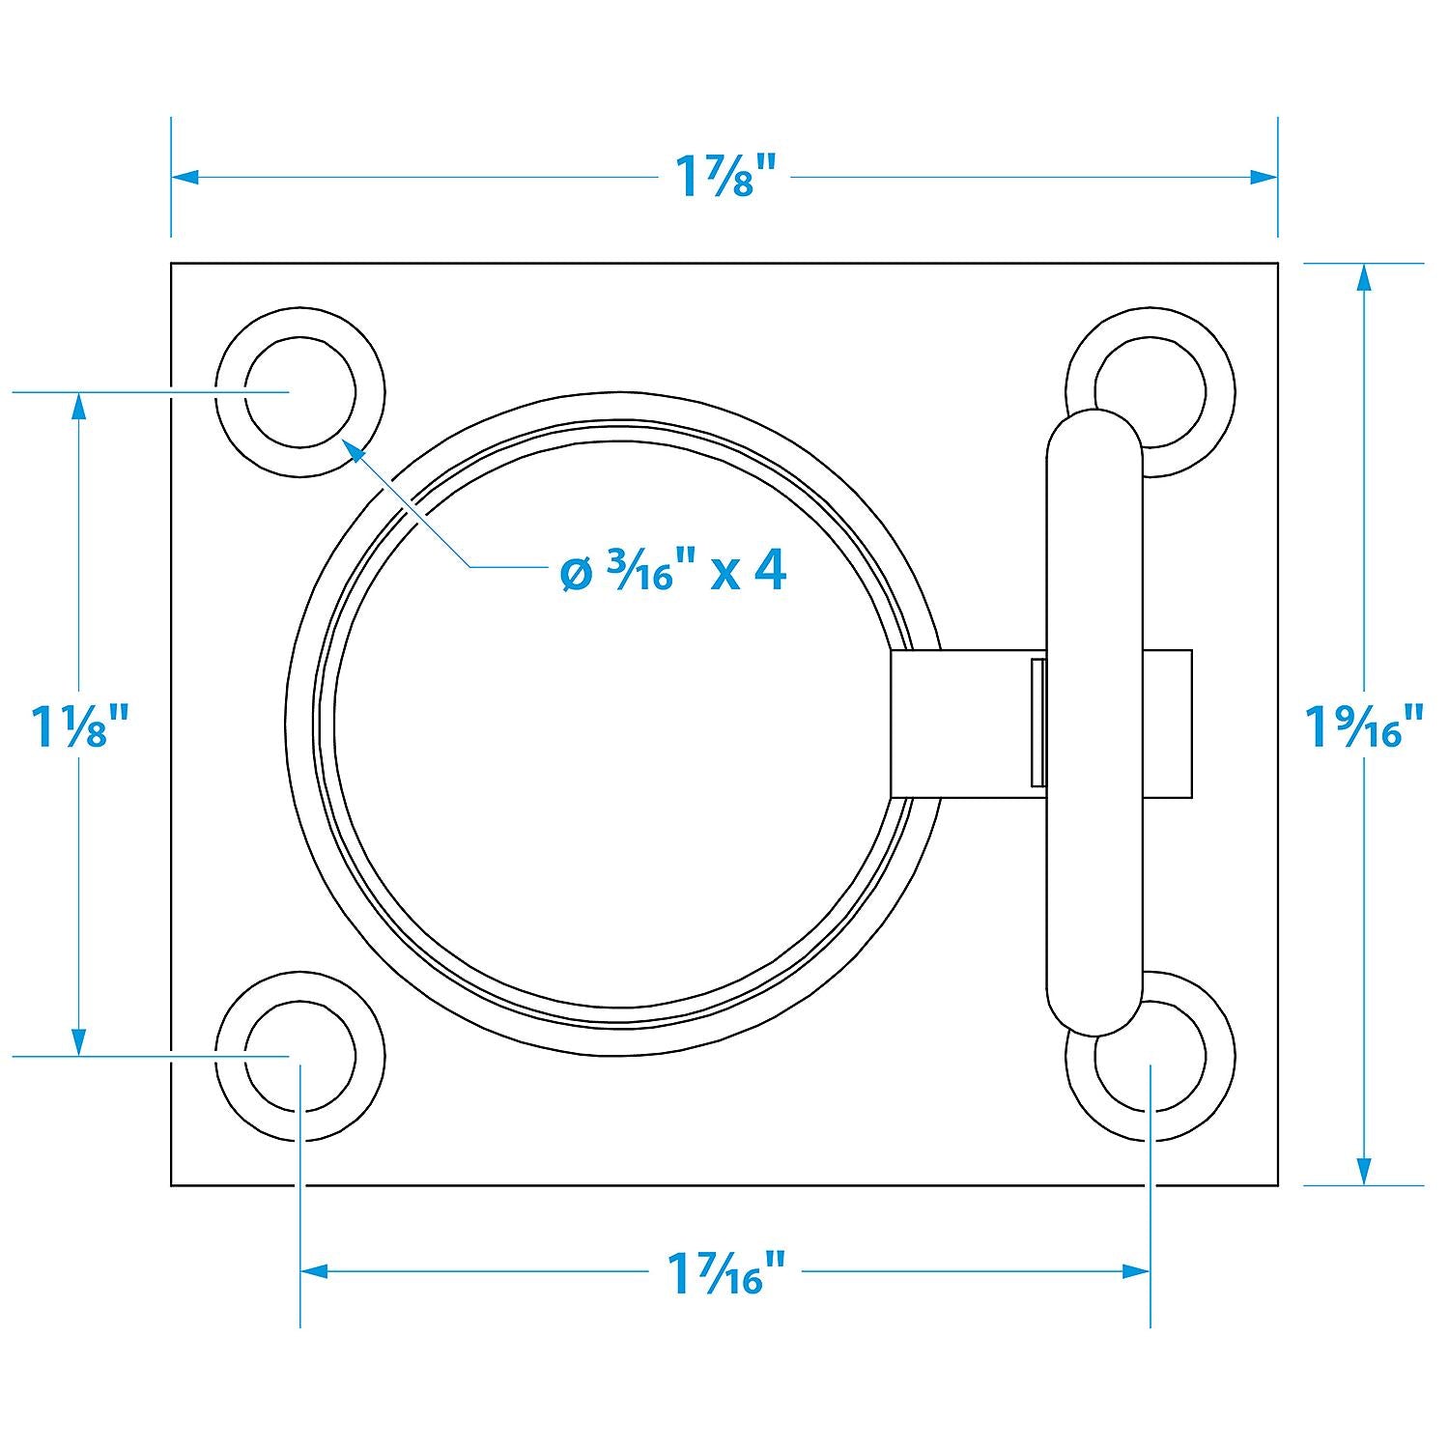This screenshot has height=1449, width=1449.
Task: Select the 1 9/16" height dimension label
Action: pyautogui.click(x=1364, y=725)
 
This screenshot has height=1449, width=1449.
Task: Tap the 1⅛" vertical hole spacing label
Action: pyautogui.click(x=79, y=725)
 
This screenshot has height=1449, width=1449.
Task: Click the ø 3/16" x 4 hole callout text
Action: pyautogui.click(x=673, y=572)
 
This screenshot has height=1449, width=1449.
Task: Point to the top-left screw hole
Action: pyautogui.click(x=299, y=392)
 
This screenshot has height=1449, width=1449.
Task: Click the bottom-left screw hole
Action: pyautogui.click(x=299, y=1057)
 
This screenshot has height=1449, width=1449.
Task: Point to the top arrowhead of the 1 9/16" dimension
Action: pyautogui.click(x=1364, y=277)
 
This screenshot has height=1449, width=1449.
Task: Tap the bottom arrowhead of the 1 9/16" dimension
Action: pyautogui.click(x=1364, y=1171)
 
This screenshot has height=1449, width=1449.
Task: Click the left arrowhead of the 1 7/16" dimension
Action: pyautogui.click(x=314, y=1271)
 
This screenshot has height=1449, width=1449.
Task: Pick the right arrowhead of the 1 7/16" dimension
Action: pyautogui.click(x=1136, y=1271)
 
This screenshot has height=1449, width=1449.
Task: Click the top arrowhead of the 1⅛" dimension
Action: pyautogui.click(x=79, y=406)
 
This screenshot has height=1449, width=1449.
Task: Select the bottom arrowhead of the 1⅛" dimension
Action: pyautogui.click(x=79, y=1042)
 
